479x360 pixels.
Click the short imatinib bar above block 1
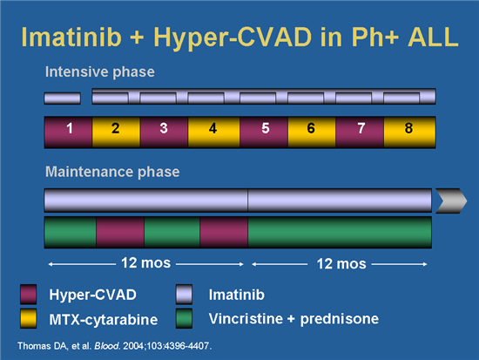[x=62, y=97]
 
